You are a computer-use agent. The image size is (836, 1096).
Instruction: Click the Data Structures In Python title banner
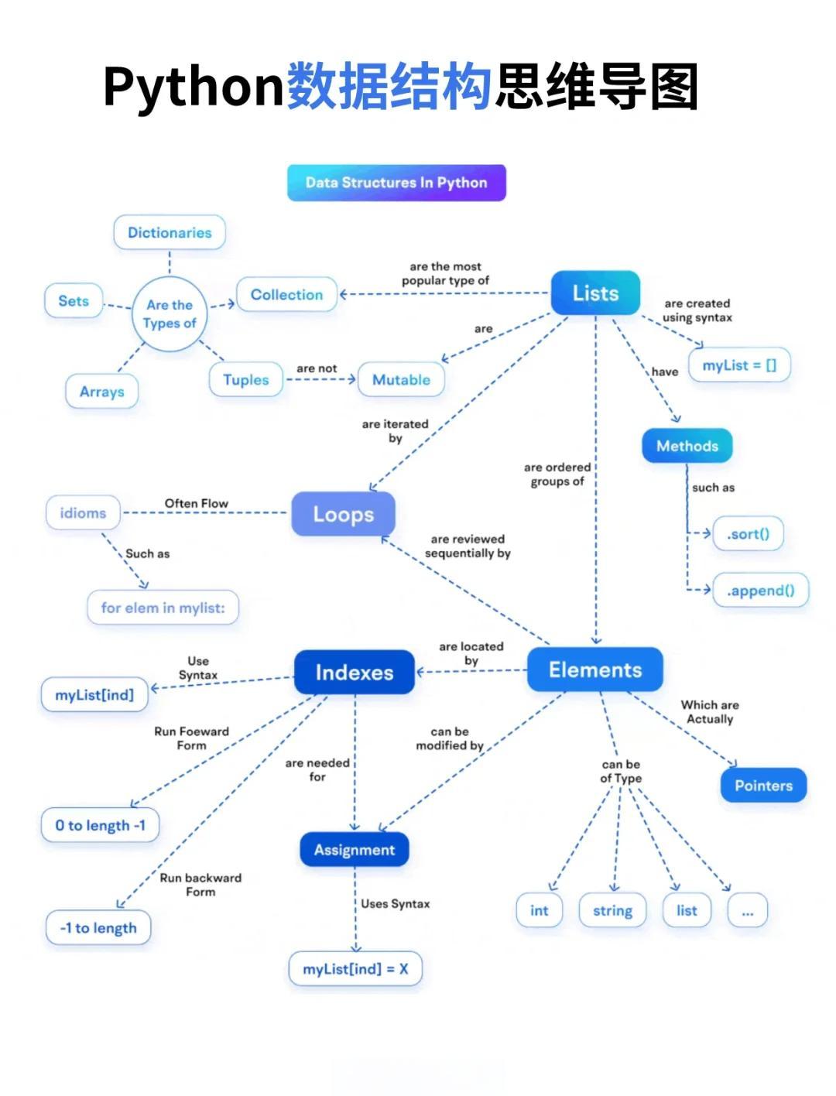pyautogui.click(x=396, y=183)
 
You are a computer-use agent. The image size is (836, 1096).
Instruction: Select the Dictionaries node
pyautogui.click(x=170, y=232)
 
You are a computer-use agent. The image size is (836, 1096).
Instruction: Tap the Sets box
pyautogui.click(x=74, y=300)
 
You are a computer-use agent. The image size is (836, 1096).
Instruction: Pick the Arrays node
pyautogui.click(x=102, y=391)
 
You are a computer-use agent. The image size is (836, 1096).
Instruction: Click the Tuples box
pyautogui.click(x=245, y=379)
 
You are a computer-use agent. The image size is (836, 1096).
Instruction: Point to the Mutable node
pyautogui.click(x=401, y=379)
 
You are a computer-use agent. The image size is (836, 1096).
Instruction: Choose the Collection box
pyautogui.click(x=286, y=295)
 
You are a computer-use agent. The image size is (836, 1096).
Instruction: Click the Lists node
pyautogui.click(x=595, y=293)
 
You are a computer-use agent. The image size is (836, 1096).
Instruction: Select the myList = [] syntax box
pyautogui.click(x=739, y=365)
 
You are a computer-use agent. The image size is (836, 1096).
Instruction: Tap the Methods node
pyautogui.click(x=687, y=446)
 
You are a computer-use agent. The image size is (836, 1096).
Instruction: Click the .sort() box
pyautogui.click(x=748, y=534)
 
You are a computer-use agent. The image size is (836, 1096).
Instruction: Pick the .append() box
pyautogui.click(x=761, y=591)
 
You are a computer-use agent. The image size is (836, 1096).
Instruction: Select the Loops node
pyautogui.click(x=343, y=514)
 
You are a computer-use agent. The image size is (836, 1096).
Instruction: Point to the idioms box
pyautogui.click(x=83, y=513)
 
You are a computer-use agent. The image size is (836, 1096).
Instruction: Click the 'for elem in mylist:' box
pyautogui.click(x=163, y=608)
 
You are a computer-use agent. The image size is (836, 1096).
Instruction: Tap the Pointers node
pyautogui.click(x=763, y=786)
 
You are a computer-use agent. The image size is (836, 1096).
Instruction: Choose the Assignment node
pyautogui.click(x=354, y=849)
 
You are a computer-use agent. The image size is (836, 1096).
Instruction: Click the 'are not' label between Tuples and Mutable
pyautogui.click(x=317, y=368)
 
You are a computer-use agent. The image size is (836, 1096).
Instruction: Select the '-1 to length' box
pyautogui.click(x=98, y=928)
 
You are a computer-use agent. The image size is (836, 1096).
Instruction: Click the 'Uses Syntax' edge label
pyautogui.click(x=395, y=904)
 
